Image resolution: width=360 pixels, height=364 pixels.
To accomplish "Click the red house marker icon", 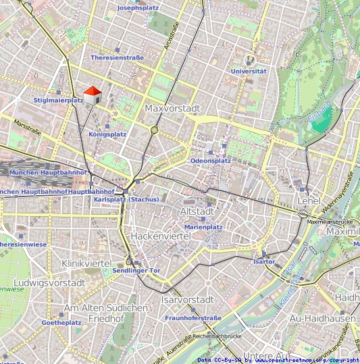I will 92,95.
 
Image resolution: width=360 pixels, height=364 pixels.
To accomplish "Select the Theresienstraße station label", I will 117,58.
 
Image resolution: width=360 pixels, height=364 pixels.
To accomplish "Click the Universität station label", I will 249,71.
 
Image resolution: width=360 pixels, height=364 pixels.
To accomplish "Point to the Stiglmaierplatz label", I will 58,101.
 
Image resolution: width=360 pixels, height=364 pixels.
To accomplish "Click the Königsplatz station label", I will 107,134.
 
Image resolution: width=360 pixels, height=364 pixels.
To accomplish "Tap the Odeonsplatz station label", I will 210,161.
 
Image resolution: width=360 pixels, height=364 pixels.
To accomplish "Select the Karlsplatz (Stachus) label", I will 126,199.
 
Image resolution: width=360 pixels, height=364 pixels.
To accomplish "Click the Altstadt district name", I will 197,211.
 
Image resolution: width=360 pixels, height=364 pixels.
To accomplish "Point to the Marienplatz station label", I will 203,228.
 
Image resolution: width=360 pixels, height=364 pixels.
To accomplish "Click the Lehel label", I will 307,201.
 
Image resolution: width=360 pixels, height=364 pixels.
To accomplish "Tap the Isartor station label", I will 264,261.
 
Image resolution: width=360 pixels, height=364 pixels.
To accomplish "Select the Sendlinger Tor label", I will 136,270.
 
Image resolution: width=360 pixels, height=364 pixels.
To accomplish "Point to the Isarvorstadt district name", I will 188,299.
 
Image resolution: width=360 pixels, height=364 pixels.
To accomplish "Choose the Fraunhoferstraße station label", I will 193,318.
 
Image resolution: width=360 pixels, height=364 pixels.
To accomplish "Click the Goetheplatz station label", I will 61,323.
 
